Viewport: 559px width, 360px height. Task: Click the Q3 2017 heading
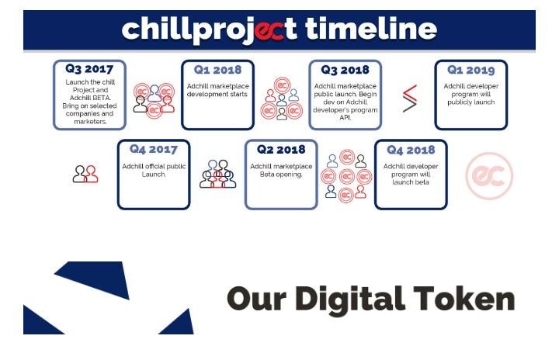[89, 69]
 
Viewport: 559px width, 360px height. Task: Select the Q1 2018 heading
[217, 70]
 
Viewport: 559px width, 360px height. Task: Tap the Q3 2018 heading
[345, 70]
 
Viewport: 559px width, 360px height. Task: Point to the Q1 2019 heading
[471, 70]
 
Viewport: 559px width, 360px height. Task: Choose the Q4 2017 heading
[153, 149]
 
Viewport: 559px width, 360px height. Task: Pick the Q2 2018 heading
[281, 149]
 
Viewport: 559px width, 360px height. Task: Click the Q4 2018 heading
[411, 150]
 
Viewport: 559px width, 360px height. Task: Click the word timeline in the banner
[371, 29]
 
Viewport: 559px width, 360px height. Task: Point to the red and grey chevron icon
[410, 99]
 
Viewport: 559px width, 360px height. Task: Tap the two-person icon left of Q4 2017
[85, 174]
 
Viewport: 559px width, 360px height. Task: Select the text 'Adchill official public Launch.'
[154, 170]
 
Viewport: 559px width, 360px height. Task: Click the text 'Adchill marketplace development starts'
[217, 90]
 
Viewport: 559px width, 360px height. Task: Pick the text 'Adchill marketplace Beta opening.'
[281, 170]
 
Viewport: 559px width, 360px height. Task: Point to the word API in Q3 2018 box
[345, 117]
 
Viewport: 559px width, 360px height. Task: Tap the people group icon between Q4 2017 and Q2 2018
[217, 174]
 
